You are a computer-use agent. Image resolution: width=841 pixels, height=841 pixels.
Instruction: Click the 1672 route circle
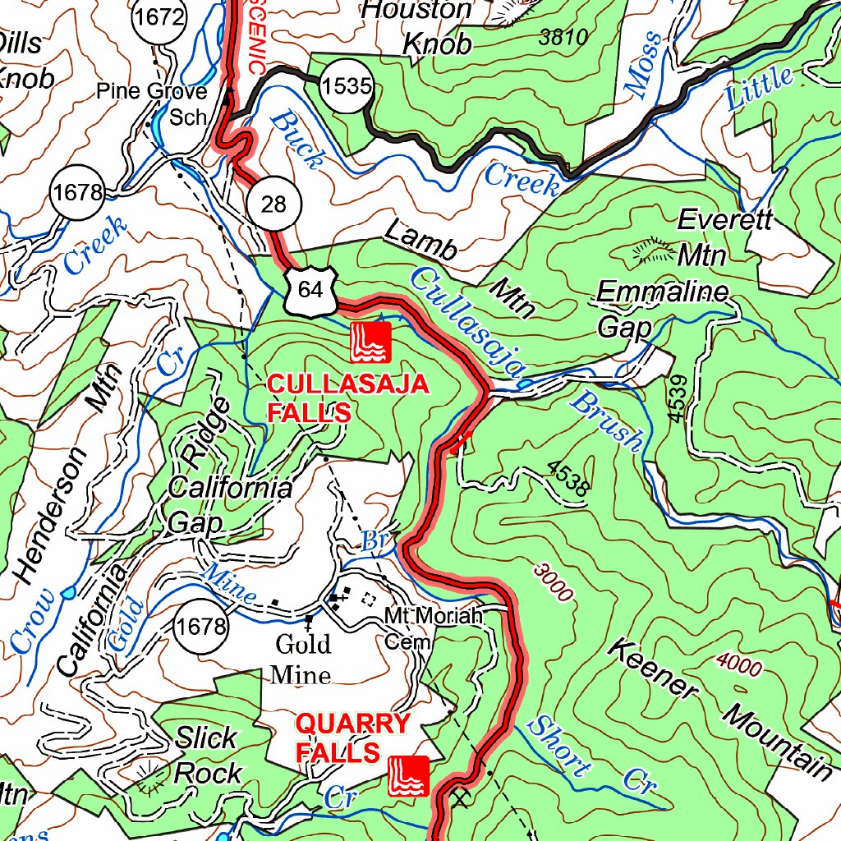coord(163,16)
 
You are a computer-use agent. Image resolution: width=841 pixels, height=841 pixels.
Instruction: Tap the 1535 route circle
coord(347,86)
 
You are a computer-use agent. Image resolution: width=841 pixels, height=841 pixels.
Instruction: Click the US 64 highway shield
coord(310,289)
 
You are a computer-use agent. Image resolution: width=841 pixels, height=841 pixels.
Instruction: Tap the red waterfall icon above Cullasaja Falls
coord(370,342)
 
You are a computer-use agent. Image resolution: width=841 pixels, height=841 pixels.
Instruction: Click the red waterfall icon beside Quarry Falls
coord(408,775)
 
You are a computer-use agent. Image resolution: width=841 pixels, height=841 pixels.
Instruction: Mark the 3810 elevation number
coord(564,37)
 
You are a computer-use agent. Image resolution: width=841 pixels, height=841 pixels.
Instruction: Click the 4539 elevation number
coord(678,399)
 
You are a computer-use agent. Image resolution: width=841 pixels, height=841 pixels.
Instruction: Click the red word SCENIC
coord(255,38)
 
